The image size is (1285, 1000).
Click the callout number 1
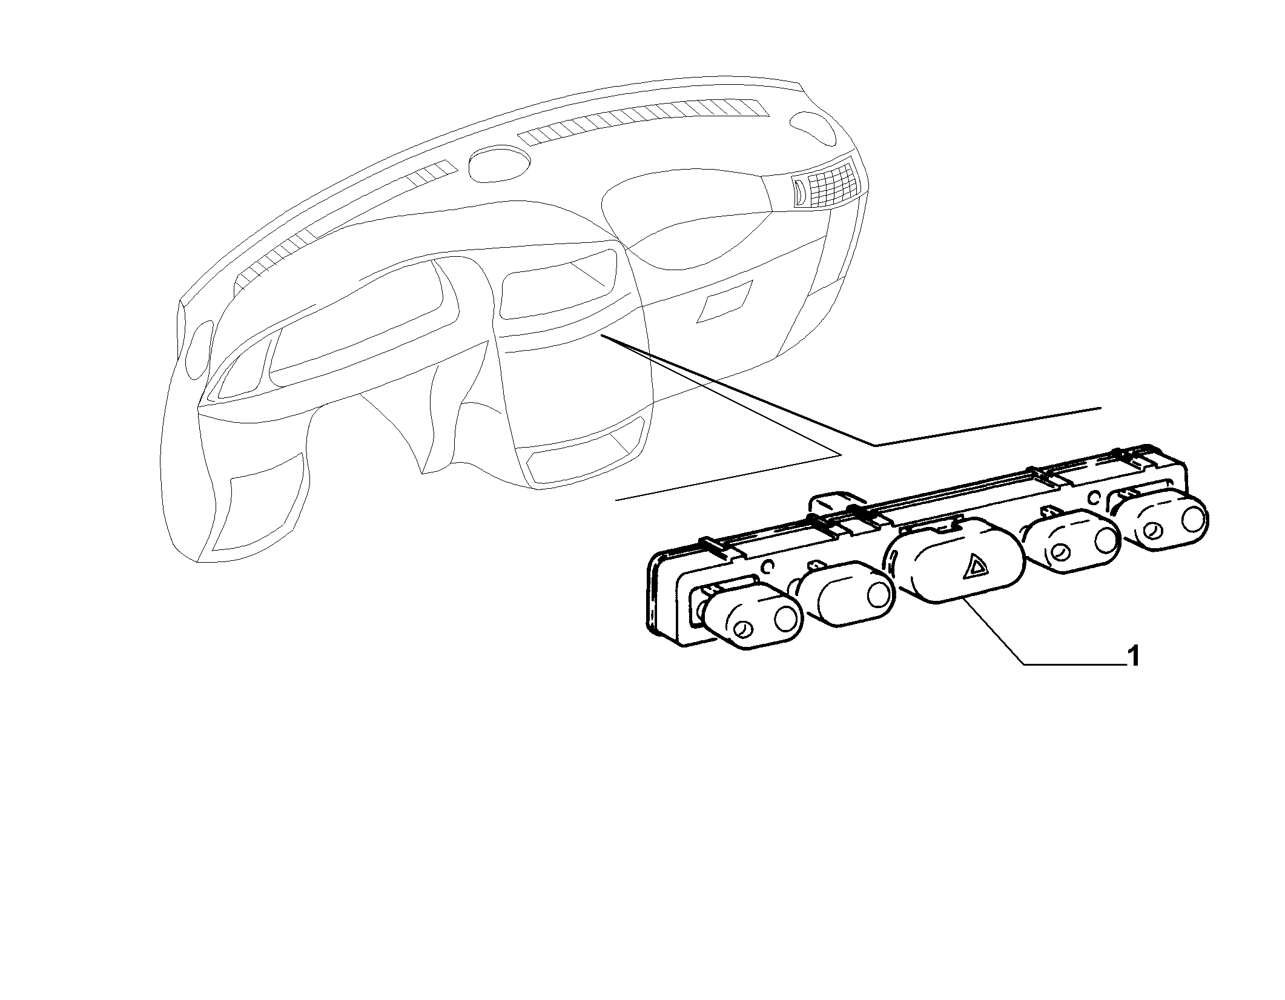(1133, 657)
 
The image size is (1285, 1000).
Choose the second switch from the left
(845, 594)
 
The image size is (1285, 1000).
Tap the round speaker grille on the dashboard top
(500, 164)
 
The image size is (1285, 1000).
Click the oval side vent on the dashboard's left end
(198, 351)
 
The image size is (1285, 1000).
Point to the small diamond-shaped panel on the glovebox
(725, 300)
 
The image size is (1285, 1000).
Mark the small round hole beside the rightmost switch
(1094, 498)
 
